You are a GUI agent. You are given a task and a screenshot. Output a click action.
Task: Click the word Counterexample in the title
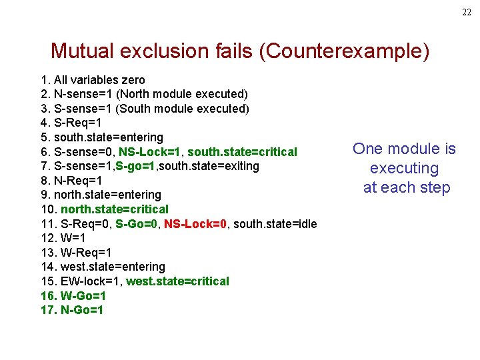pos(345,51)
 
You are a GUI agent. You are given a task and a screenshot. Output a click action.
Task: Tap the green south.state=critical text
pos(242,152)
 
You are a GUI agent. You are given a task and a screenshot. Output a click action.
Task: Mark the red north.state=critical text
pos(115,209)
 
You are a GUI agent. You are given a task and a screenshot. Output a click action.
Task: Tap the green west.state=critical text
pos(177,281)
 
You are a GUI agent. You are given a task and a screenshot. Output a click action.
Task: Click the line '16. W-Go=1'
pos(73,296)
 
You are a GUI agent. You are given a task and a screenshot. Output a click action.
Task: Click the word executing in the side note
pos(404,168)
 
